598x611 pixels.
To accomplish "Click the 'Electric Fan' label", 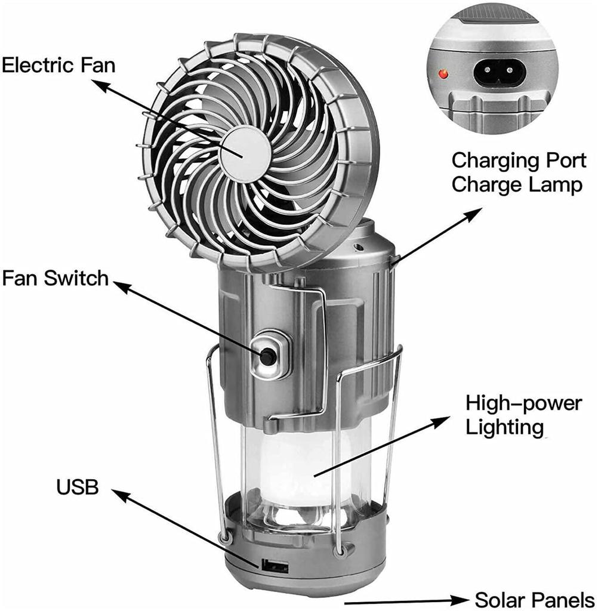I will point(58,64).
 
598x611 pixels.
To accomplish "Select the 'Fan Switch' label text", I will point(55,278).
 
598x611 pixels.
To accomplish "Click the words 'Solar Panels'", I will point(534,599).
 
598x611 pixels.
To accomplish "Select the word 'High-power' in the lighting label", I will point(523,404).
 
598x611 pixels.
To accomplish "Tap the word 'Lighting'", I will point(504,427).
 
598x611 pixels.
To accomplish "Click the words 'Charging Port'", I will point(516,161).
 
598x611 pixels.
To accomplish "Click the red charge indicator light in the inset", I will point(443,75).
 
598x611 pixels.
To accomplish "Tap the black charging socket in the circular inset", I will point(499,73).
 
